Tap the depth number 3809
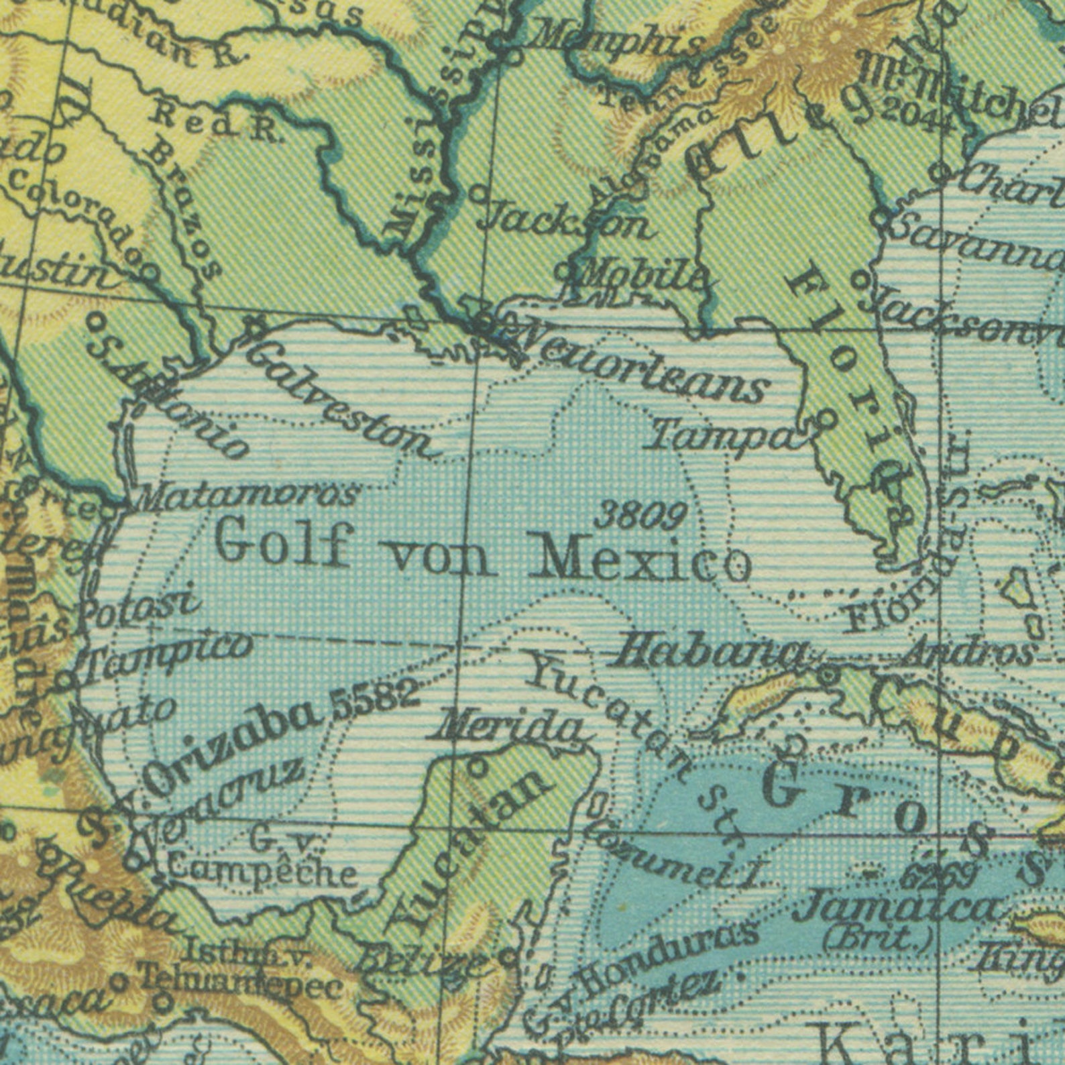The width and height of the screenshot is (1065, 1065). pos(640,516)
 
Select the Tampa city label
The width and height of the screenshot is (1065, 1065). pos(724,436)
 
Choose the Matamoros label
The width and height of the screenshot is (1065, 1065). pos(248,496)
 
